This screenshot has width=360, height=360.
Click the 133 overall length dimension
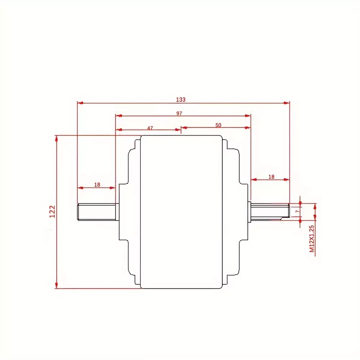pyautogui.click(x=181, y=100)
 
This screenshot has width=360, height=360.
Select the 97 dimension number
pyautogui.click(x=179, y=113)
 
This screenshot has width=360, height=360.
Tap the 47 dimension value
pyautogui.click(x=150, y=128)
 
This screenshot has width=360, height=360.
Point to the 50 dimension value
pyautogui.click(x=218, y=125)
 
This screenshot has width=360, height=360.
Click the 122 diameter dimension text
pyautogui.click(x=53, y=211)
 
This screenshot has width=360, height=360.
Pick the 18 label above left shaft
pyautogui.click(x=97, y=184)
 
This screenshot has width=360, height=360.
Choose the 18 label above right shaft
pyautogui.click(x=272, y=177)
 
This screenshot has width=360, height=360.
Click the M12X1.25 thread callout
pyautogui.click(x=311, y=239)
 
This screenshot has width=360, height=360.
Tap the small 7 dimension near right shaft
pyautogui.click(x=297, y=211)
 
